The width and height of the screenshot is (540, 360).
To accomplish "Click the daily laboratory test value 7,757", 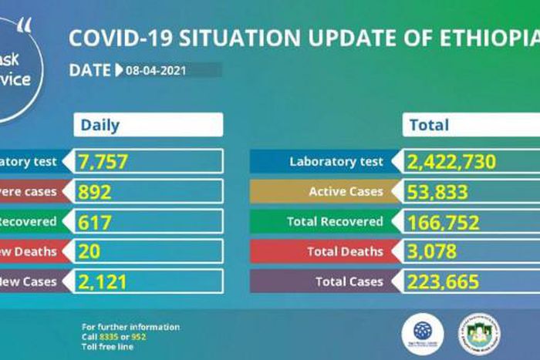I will [103, 162].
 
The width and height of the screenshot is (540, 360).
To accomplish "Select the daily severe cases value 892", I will [95, 192].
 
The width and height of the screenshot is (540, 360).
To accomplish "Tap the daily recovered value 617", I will [95, 222].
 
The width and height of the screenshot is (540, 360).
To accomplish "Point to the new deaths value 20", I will [89, 251].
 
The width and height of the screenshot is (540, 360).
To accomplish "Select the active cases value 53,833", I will [438, 192].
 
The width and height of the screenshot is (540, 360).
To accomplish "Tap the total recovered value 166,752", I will [444, 222].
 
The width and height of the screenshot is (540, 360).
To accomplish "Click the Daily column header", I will [100, 125].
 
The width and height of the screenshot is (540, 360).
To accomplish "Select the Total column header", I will [429, 125].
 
